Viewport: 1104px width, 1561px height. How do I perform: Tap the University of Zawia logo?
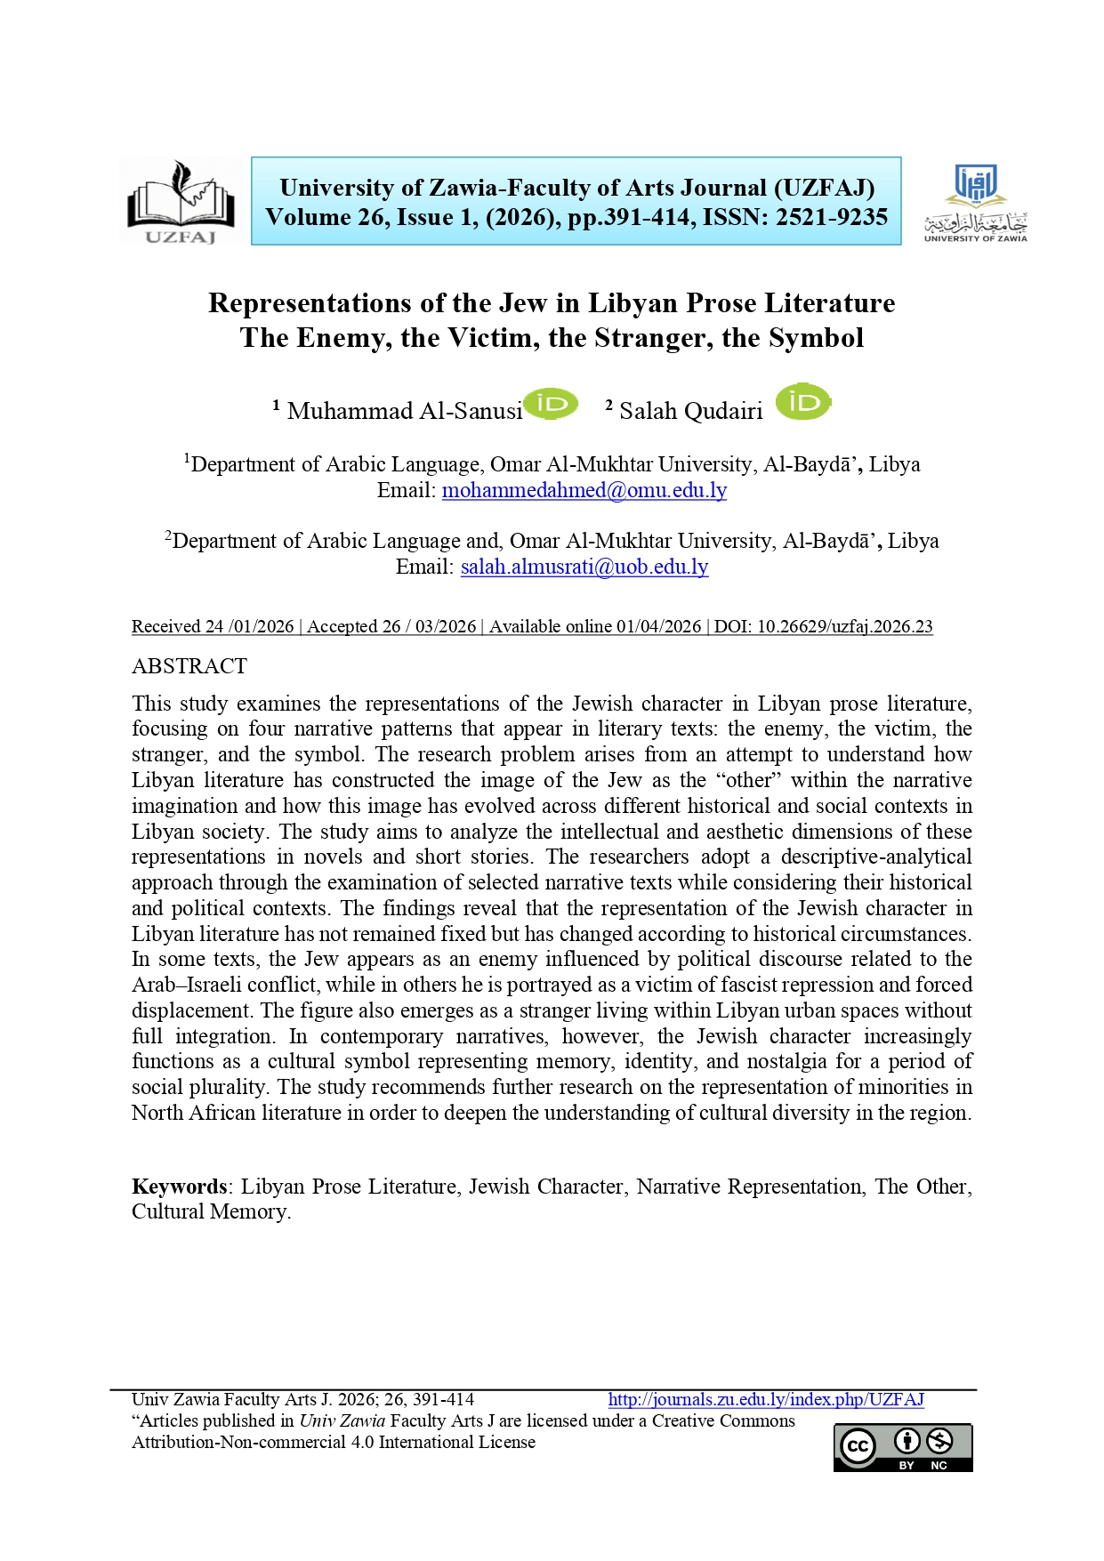pyautogui.click(x=975, y=203)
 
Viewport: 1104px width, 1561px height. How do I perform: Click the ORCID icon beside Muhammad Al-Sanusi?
pyautogui.click(x=551, y=404)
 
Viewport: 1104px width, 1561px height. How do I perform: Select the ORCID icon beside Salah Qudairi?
pyautogui.click(x=802, y=403)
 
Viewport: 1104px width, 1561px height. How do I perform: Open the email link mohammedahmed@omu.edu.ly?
pyautogui.click(x=584, y=490)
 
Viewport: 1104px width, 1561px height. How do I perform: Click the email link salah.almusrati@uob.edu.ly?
pyautogui.click(x=584, y=567)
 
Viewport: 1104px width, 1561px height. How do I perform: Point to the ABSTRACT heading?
pyautogui.click(x=189, y=666)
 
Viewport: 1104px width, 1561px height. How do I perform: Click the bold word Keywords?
pyautogui.click(x=180, y=1187)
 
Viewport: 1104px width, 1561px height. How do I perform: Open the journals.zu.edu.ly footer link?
pyautogui.click(x=765, y=1399)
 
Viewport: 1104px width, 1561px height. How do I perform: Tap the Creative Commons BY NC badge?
pyautogui.click(x=902, y=1447)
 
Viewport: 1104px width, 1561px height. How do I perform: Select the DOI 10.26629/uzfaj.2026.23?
pyautogui.click(x=844, y=626)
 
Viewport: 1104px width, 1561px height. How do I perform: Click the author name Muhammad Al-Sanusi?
pyautogui.click(x=405, y=411)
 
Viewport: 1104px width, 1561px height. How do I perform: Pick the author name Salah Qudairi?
pyautogui.click(x=690, y=411)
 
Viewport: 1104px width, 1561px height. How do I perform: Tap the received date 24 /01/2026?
pyautogui.click(x=250, y=626)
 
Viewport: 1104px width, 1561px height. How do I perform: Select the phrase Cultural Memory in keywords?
pyautogui.click(x=210, y=1211)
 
